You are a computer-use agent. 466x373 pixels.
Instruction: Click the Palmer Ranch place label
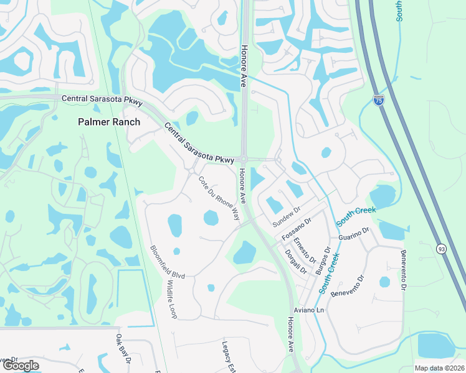[109, 122]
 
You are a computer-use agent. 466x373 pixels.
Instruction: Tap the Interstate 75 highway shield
[378, 99]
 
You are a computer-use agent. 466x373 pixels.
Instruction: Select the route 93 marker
[440, 247]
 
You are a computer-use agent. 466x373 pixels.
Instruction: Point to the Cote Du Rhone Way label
[219, 198]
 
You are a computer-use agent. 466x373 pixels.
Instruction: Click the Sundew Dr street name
[287, 217]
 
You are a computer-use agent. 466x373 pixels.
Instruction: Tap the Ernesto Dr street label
[305, 249]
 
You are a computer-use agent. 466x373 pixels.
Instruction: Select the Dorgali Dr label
[296, 262]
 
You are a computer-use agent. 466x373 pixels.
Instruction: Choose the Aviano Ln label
[309, 310]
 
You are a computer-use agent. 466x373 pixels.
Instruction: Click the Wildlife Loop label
[171, 299]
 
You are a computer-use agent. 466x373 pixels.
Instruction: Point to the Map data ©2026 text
[439, 368]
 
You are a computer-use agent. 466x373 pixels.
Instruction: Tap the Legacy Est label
[227, 355]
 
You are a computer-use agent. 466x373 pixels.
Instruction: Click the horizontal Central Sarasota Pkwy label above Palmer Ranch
[102, 99]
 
